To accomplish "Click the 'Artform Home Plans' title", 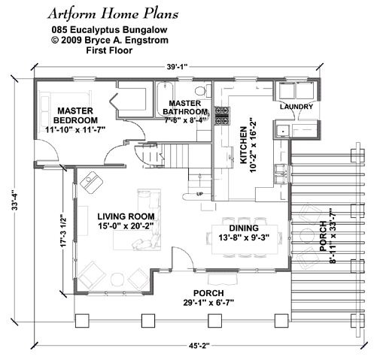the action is click(113, 14).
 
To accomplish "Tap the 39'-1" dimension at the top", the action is click(178, 67).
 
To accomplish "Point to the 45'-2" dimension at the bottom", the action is click(199, 346).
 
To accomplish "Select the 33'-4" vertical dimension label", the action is click(14, 201).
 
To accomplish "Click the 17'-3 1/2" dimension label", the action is click(64, 230).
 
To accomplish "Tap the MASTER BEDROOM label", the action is click(76, 116).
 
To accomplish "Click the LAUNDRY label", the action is click(296, 107).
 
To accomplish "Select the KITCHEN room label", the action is click(244, 145).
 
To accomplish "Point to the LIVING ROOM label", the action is click(126, 216).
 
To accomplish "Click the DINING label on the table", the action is click(244, 228).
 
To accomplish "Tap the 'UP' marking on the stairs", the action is click(199, 194).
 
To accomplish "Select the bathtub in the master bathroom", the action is click(165, 98).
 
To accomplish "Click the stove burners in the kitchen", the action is click(222, 116).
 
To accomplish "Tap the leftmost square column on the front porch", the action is click(82, 321).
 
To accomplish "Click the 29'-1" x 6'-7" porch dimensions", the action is click(208, 303).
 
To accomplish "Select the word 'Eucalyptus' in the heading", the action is click(95, 30).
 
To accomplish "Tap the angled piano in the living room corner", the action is click(91, 182).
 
